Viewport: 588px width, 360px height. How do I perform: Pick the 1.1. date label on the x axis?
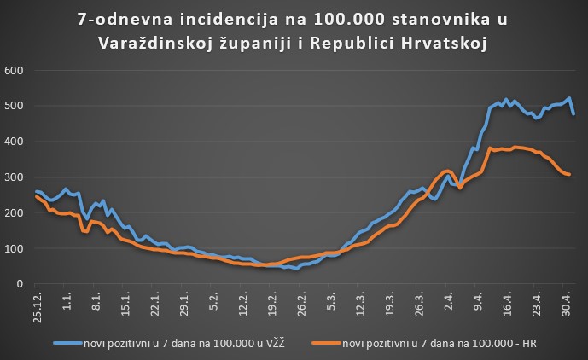pos(67,297)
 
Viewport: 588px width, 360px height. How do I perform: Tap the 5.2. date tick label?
pos(214,297)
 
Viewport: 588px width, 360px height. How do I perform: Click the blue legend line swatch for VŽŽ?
pos(66,343)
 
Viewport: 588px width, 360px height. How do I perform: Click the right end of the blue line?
pos(573,113)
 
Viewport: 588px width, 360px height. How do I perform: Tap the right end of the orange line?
pos(570,174)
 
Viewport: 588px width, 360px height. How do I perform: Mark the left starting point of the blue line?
pos(35,191)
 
